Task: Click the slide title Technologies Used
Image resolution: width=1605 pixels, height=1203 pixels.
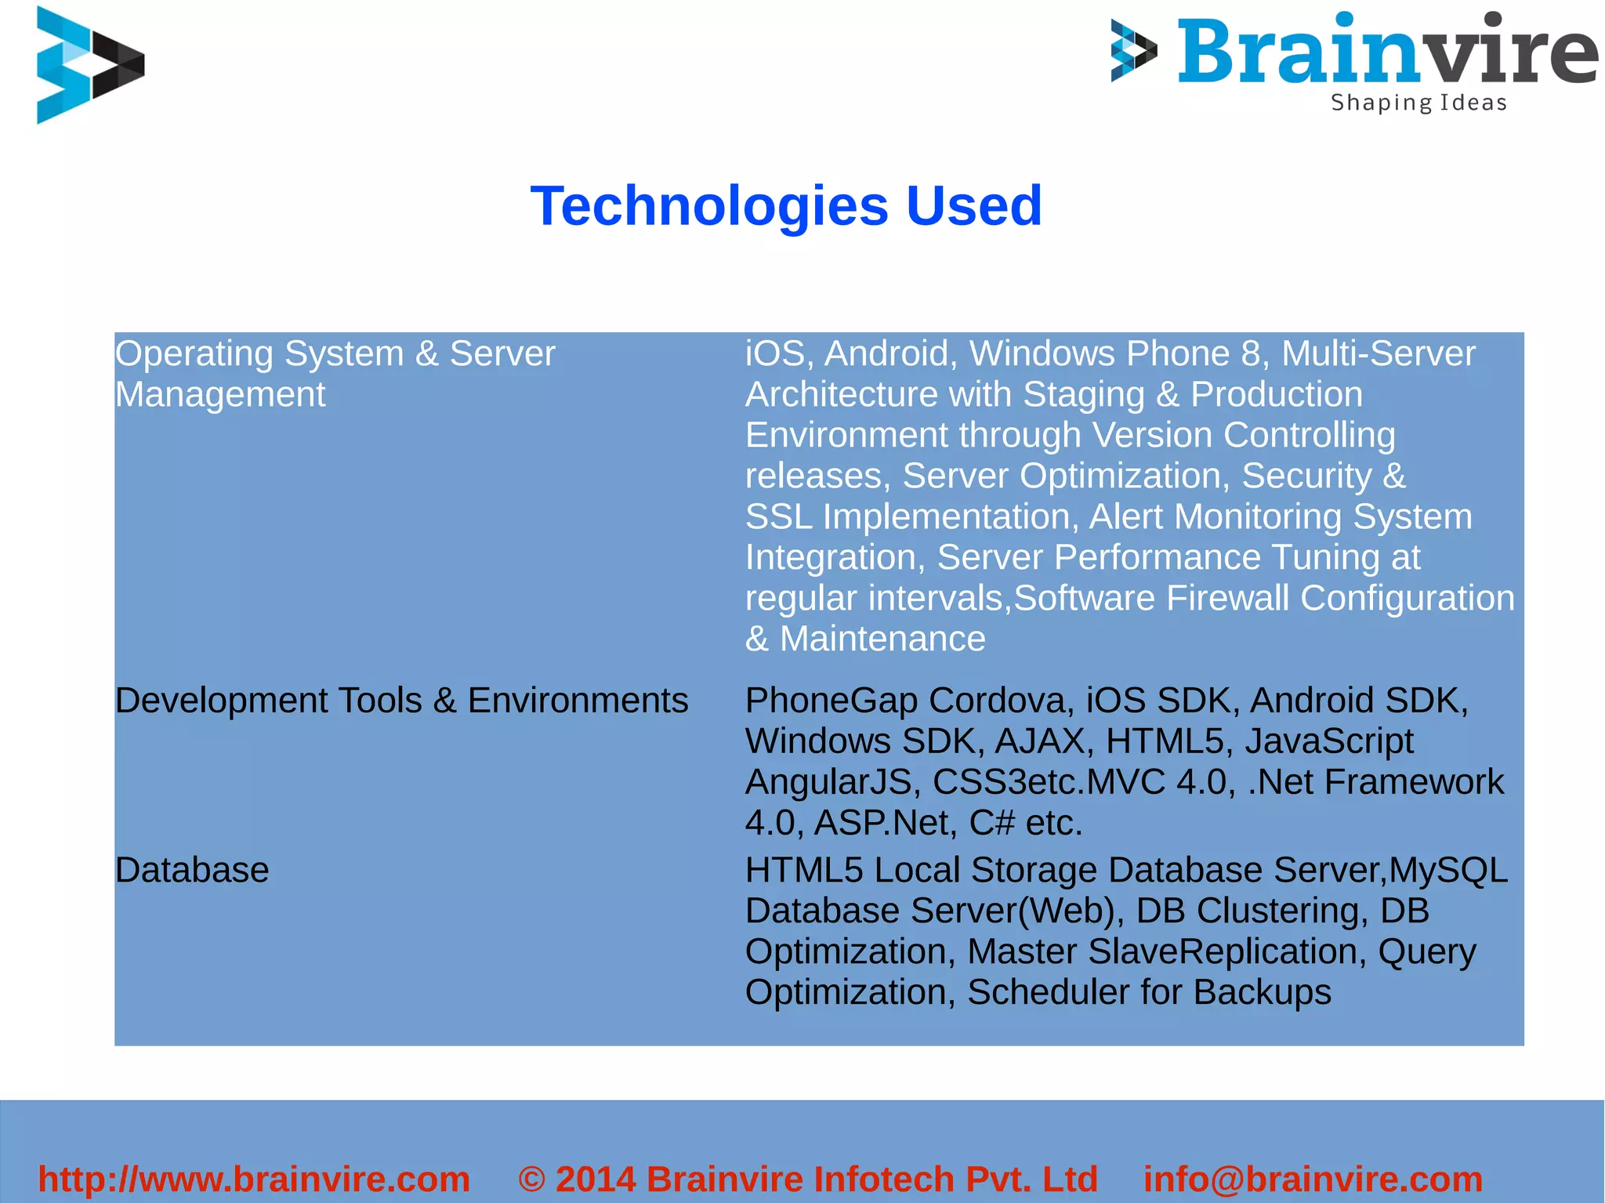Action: pyautogui.click(x=786, y=205)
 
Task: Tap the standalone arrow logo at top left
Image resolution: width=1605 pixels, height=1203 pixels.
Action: pyautogui.click(x=89, y=64)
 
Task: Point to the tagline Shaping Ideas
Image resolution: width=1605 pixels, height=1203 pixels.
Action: pyautogui.click(x=1418, y=103)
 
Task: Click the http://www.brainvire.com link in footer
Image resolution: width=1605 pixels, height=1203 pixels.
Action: pyautogui.click(x=254, y=1179)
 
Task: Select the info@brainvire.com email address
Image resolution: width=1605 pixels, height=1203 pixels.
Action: pyautogui.click(x=1313, y=1179)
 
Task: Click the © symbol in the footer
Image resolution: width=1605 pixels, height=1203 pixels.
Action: pyautogui.click(x=531, y=1179)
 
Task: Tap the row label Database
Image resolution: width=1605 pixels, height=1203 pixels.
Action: pyautogui.click(x=192, y=870)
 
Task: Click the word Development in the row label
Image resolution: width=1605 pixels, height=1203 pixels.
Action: pyautogui.click(x=222, y=701)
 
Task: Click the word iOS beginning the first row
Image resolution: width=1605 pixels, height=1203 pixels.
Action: pyautogui.click(x=774, y=353)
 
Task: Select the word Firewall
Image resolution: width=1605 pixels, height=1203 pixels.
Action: pyautogui.click(x=1227, y=598)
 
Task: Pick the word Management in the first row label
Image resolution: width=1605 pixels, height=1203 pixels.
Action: pyautogui.click(x=220, y=394)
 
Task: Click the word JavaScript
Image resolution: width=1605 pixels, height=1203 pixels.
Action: pyautogui.click(x=1329, y=741)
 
